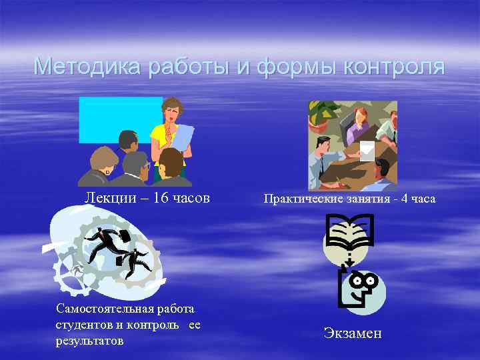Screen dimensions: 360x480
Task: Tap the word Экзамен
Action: (353, 333)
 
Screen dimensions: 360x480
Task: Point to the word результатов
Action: (89, 341)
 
